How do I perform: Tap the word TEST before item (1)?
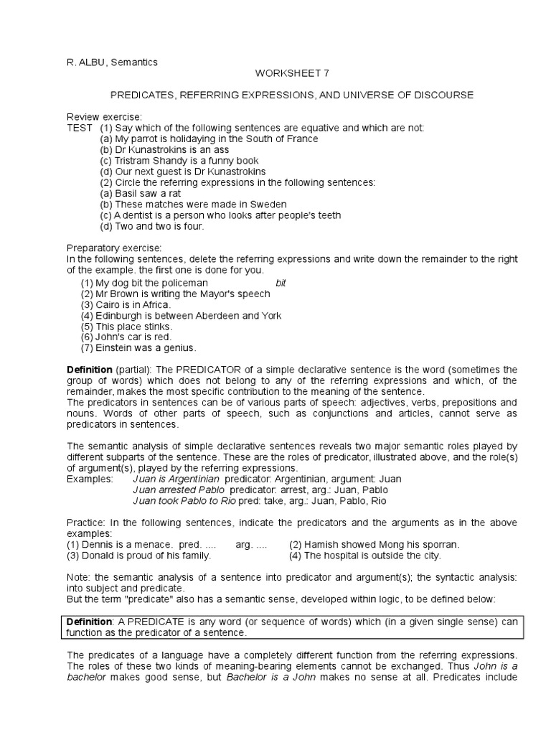click(x=80, y=128)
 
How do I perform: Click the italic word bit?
click(x=281, y=283)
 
